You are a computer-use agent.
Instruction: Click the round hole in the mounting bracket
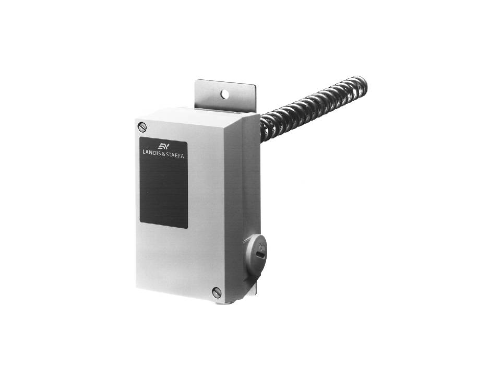[x=225, y=94]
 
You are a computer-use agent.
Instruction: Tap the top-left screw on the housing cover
[x=142, y=127]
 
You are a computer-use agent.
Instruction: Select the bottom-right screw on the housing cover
[x=217, y=292]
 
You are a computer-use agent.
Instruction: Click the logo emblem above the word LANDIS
[x=163, y=146]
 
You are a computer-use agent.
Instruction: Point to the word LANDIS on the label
[x=152, y=152]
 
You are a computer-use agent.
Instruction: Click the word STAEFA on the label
[x=175, y=155]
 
